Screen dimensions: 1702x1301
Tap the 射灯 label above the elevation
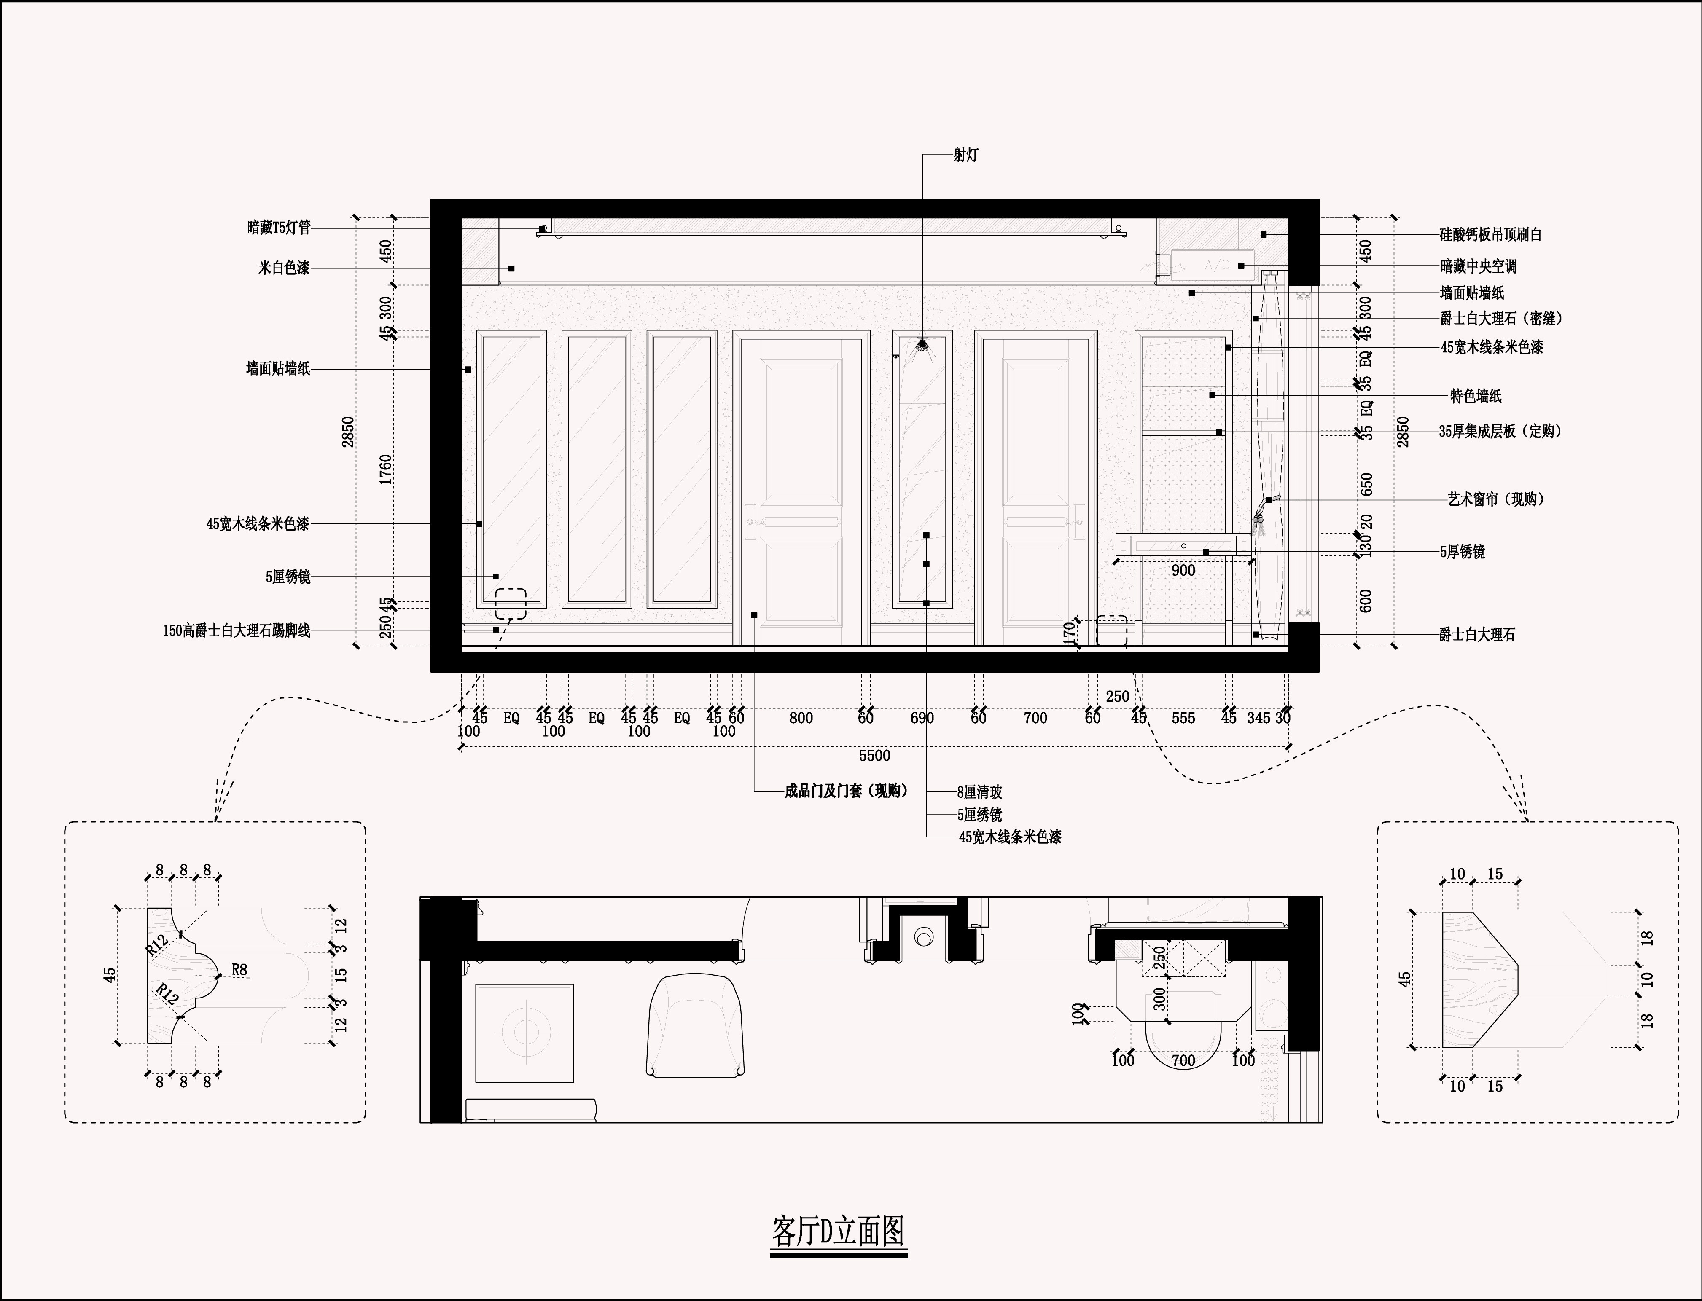coord(965,155)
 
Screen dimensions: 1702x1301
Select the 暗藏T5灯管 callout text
coord(279,228)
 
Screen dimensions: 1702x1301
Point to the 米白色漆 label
coord(284,268)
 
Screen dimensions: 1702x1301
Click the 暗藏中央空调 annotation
coord(1478,266)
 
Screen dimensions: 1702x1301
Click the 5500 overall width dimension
coord(875,755)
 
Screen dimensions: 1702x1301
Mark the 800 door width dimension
coord(801,718)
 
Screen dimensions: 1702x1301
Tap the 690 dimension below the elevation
coord(922,718)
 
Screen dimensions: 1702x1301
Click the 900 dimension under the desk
coord(1183,571)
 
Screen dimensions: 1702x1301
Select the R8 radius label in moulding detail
coord(239,970)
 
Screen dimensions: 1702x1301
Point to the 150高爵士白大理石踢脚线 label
coord(236,631)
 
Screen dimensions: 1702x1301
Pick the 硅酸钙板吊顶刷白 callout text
coord(1490,235)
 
